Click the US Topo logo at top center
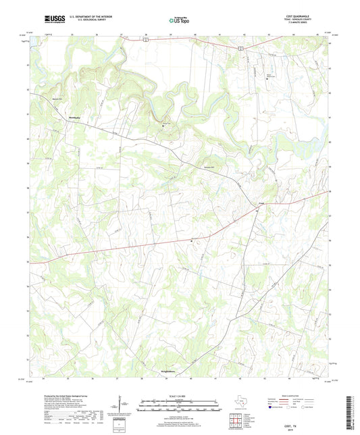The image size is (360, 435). pyautogui.click(x=180, y=21)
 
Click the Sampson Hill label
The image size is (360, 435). pyautogui.click(x=209, y=167)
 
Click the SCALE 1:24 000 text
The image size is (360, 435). pyautogui.click(x=179, y=396)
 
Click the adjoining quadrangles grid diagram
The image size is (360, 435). pyautogui.click(x=234, y=418)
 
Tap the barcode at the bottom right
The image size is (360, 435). pyautogui.click(x=349, y=413)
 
